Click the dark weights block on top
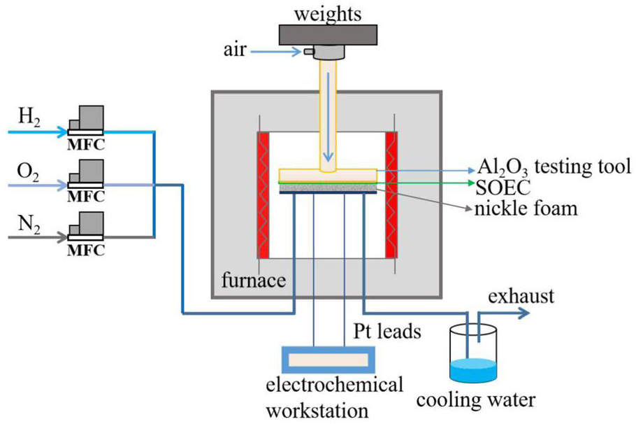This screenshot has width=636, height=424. pos(328,33)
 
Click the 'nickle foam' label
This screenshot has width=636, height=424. pos(527,208)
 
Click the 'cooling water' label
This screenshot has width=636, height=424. pos(475,400)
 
